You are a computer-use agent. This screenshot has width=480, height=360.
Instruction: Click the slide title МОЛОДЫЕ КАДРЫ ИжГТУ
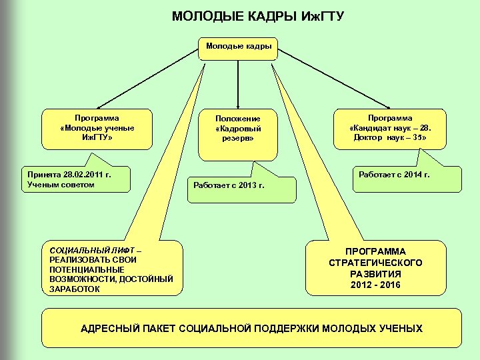point(257,15)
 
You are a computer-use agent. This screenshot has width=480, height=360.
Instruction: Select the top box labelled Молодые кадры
point(239,47)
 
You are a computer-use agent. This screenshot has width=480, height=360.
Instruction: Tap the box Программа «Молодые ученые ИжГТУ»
point(97,127)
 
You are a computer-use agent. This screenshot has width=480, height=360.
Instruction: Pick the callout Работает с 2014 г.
point(394,175)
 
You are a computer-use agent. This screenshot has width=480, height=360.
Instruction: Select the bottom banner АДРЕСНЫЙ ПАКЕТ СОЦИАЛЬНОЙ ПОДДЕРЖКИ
point(251,328)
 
